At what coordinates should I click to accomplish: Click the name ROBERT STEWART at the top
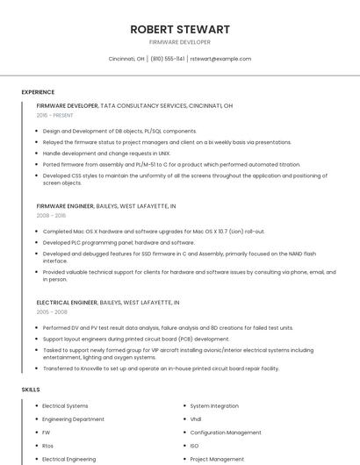tap(180, 29)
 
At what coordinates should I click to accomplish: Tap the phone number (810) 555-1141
tap(168, 59)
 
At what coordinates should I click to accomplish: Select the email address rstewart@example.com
tap(221, 59)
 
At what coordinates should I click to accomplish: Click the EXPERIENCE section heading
tap(38, 92)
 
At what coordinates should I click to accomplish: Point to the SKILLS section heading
tap(31, 389)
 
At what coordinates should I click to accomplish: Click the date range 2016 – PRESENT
tap(55, 115)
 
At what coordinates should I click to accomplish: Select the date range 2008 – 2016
tap(51, 215)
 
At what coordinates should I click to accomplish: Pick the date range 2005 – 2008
tap(51, 311)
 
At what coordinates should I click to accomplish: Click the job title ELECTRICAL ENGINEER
tap(67, 302)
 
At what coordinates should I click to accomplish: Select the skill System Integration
tap(214, 406)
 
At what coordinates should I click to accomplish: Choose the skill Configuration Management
tap(226, 433)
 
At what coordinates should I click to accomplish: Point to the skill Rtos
tap(48, 446)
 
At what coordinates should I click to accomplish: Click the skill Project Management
tap(217, 459)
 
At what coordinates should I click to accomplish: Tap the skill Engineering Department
tap(73, 419)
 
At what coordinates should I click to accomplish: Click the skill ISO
tap(194, 446)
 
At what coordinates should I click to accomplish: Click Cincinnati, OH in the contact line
tap(126, 59)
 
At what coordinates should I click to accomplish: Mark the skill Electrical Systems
tap(65, 406)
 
